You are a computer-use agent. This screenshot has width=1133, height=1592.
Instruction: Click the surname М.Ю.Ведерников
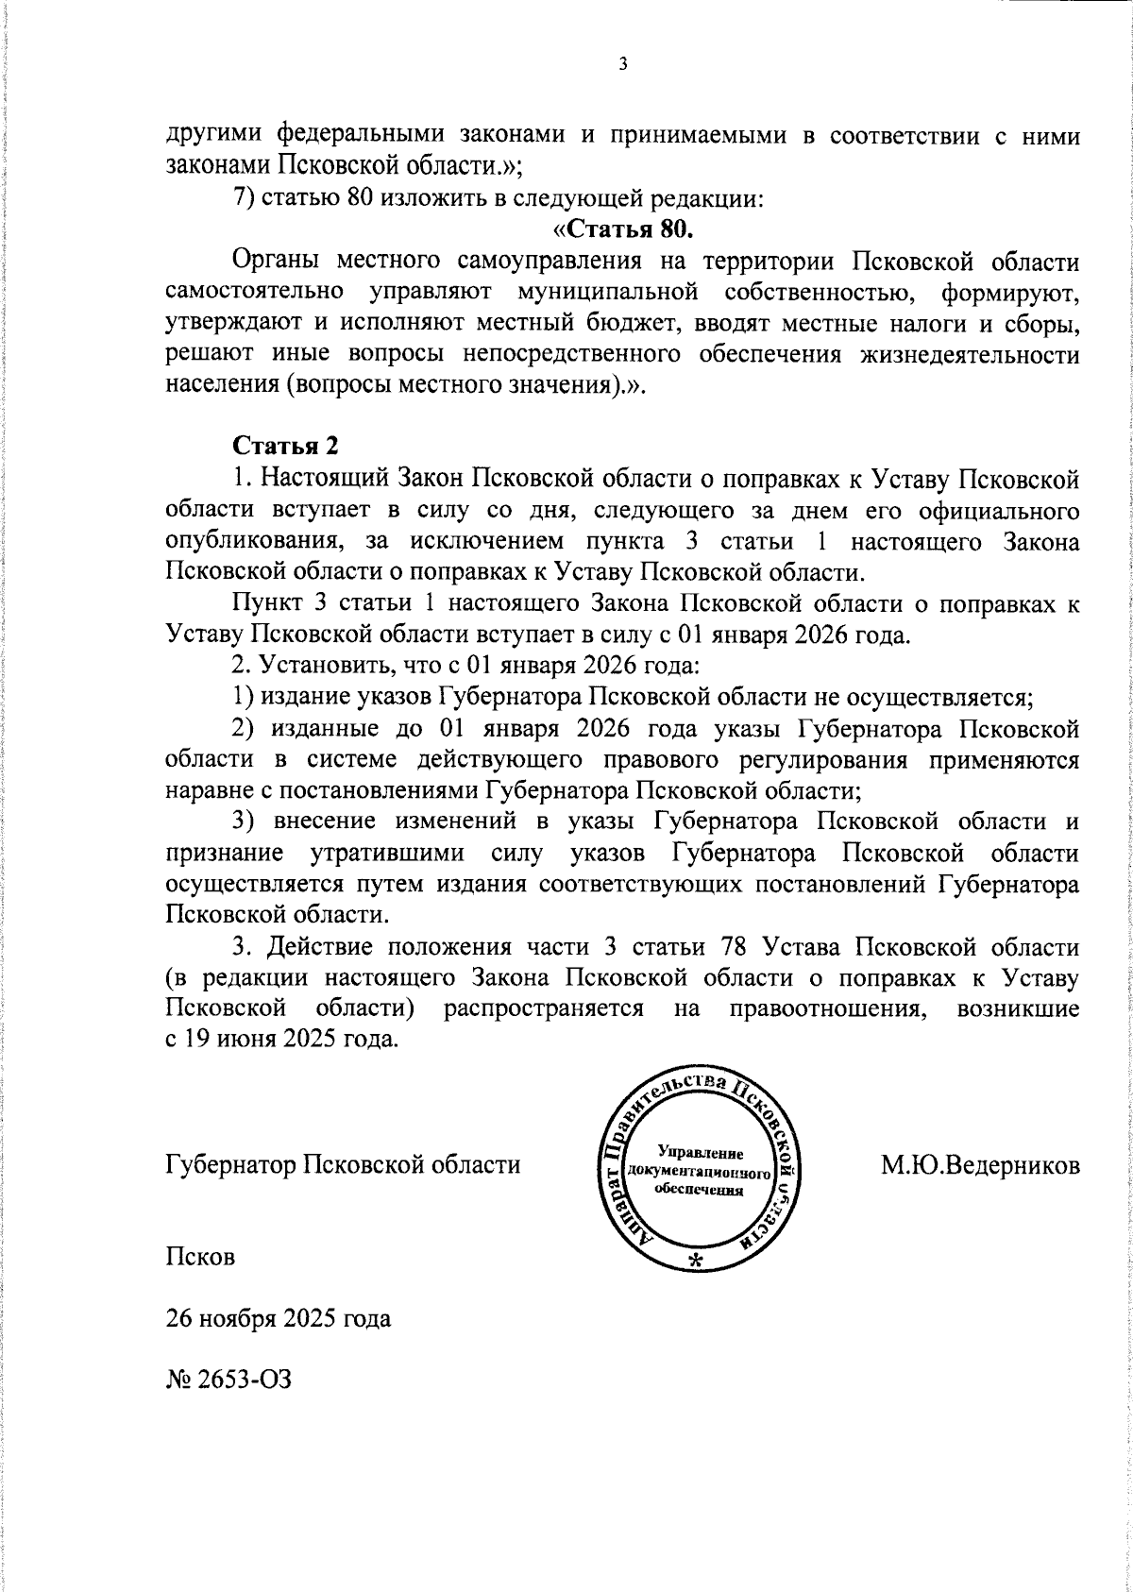pos(980,1164)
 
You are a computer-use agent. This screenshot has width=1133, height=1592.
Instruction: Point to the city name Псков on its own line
pos(199,1257)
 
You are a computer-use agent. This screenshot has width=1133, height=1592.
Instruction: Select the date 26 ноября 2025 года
pos(278,1317)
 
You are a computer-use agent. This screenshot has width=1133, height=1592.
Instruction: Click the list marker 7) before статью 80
pos(243,199)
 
